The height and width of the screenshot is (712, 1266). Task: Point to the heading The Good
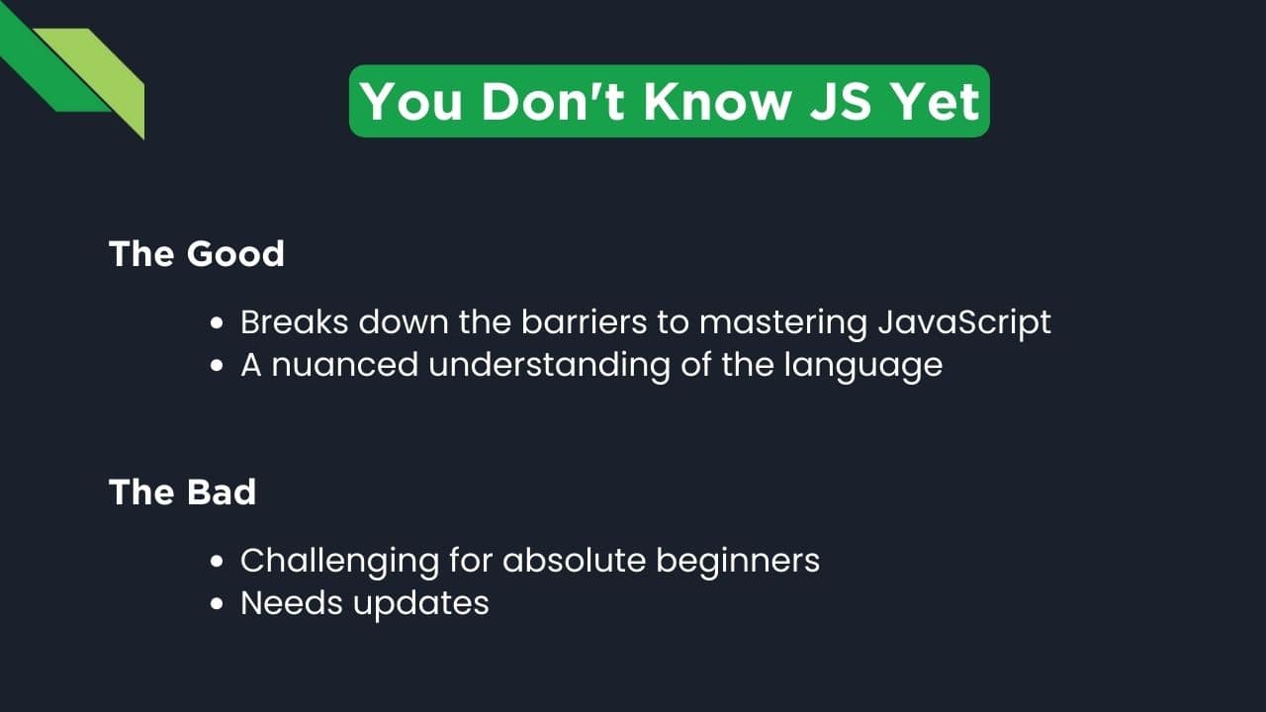pyautogui.click(x=197, y=254)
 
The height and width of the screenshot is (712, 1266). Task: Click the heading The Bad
pyautogui.click(x=182, y=492)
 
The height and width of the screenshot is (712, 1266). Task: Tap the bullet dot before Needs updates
pyautogui.click(x=218, y=604)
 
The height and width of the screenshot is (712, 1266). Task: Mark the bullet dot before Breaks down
pyautogui.click(x=218, y=323)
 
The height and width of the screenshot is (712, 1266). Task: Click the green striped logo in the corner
pyautogui.click(x=74, y=74)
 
